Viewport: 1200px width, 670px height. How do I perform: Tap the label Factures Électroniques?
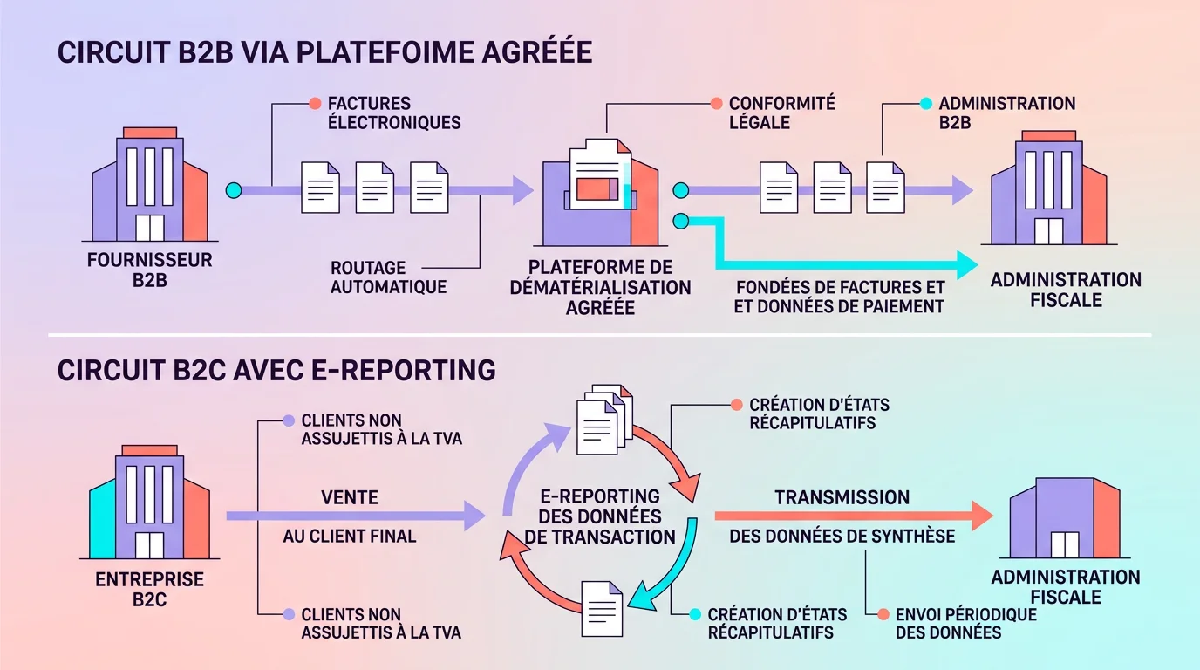(x=393, y=113)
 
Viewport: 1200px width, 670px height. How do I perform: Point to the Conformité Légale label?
(x=781, y=113)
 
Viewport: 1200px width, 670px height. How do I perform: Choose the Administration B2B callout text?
(x=1006, y=113)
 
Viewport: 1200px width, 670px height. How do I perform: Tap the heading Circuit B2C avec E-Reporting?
(x=276, y=370)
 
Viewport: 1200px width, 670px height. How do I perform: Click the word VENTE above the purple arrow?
(x=349, y=497)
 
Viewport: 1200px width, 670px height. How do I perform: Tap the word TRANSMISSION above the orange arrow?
(x=842, y=497)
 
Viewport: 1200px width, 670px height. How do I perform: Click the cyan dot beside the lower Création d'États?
(x=694, y=614)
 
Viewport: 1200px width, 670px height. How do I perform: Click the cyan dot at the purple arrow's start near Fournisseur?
(x=233, y=190)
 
